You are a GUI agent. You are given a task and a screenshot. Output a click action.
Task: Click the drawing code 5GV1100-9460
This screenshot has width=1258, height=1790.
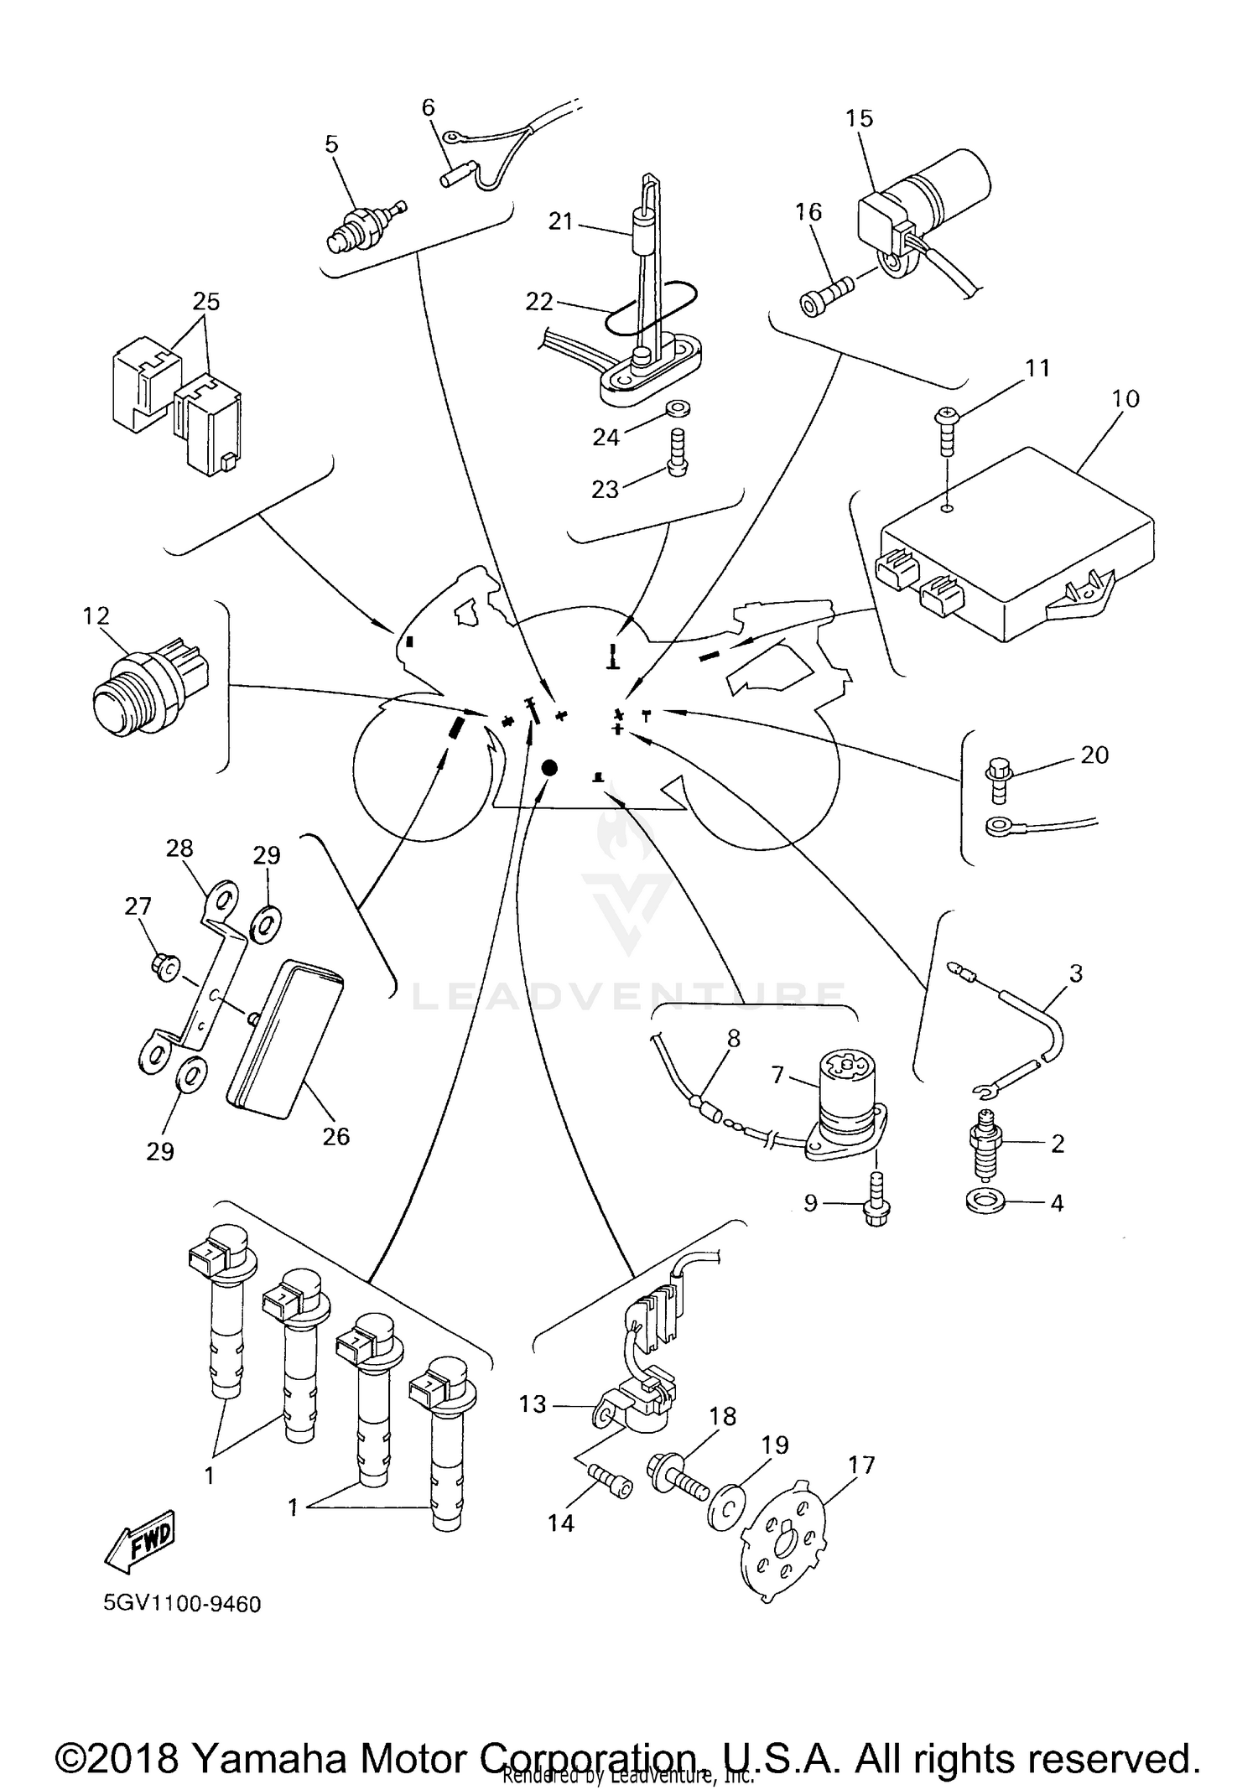pyautogui.click(x=182, y=1604)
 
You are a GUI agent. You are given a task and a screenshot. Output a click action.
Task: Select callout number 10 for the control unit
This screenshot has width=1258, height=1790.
pyautogui.click(x=1125, y=398)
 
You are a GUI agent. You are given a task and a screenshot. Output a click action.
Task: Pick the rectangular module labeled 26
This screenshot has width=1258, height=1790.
pyautogui.click(x=285, y=1040)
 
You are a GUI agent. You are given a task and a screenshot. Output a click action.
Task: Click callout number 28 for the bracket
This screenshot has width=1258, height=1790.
pyautogui.click(x=179, y=848)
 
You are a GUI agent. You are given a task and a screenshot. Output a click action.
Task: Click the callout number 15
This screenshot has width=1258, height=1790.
pyautogui.click(x=859, y=118)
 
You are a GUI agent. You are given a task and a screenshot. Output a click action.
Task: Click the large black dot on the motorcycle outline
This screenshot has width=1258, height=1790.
pyautogui.click(x=549, y=766)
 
